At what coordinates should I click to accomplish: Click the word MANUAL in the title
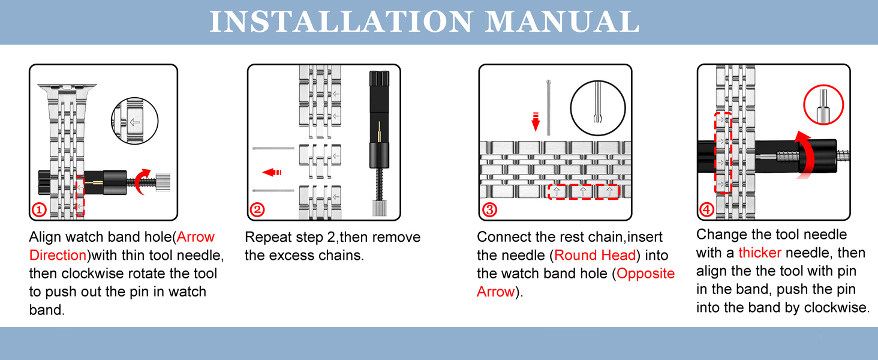562,22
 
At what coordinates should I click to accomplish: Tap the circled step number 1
39,210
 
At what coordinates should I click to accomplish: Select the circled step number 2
257,210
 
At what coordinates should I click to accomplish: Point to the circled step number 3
489,210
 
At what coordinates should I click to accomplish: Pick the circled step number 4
707,210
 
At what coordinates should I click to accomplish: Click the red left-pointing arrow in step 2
272,173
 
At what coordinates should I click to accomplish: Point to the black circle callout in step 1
134,121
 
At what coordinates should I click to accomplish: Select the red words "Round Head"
594,256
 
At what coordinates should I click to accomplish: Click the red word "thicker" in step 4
760,253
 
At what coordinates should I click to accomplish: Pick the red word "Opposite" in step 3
645,274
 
